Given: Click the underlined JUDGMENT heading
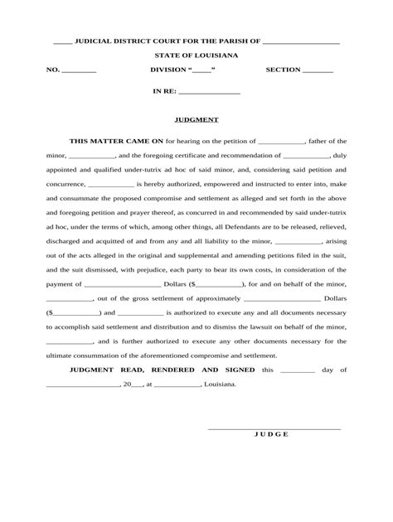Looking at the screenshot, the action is click(196, 119).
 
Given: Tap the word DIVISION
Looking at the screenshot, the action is click(168, 70).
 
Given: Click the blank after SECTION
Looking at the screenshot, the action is click(318, 72).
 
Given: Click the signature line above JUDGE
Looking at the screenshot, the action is click(273, 428).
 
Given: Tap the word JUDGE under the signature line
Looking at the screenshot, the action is click(270, 434).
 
